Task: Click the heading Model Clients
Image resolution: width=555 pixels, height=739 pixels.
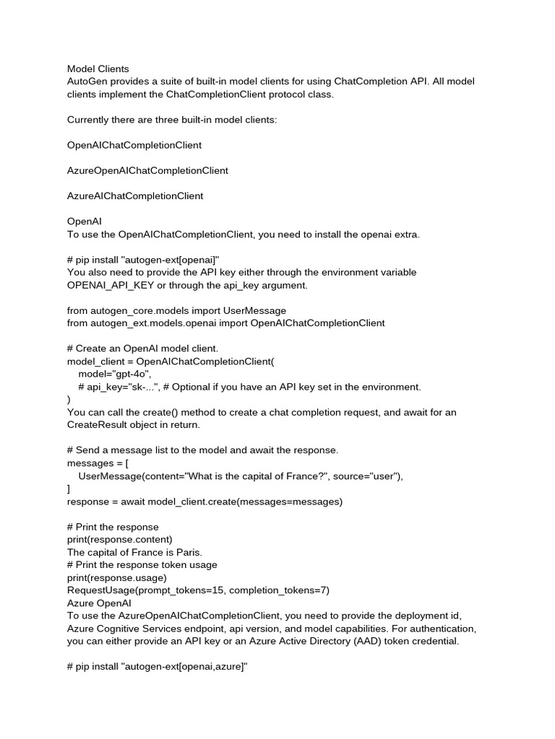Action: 98,69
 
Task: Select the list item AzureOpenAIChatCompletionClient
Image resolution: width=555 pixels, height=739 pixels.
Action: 147,170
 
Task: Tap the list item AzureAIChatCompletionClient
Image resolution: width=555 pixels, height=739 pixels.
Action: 135,196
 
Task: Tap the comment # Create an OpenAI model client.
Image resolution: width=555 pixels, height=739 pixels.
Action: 142,349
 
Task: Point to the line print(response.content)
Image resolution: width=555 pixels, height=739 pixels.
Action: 120,539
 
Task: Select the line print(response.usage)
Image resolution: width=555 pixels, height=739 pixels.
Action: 116,577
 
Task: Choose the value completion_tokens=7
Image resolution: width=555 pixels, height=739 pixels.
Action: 279,590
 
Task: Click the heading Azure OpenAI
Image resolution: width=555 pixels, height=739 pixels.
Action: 99,603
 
